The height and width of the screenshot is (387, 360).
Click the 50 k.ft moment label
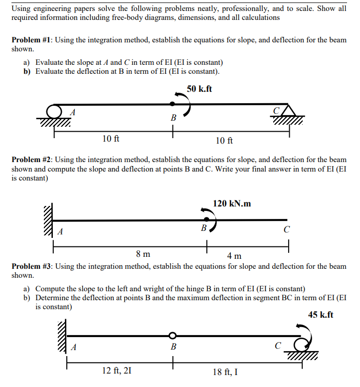pos(199,89)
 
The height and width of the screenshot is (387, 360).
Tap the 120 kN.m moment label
pos(232,203)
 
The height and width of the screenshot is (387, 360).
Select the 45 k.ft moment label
pos(321,315)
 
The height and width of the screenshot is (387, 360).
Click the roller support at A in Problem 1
pos(54,111)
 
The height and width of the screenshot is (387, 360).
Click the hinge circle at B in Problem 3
pos(173,335)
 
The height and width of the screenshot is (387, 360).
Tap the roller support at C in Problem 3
pos(302,344)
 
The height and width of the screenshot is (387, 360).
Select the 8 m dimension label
pos(144,254)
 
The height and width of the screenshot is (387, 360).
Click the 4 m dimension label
pos(234,256)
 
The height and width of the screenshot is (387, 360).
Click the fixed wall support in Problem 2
pos(48,219)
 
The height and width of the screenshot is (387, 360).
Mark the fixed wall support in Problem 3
pos(62,336)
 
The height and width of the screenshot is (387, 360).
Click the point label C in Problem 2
pos(286,230)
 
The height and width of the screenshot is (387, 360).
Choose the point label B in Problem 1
pos(173,118)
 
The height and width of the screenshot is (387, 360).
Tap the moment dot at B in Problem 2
pos(206,219)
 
